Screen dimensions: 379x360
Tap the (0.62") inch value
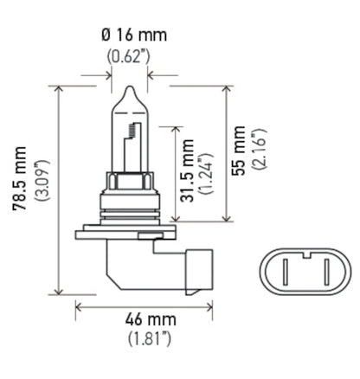(x=129, y=57)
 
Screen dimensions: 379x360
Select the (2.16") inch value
(x=260, y=148)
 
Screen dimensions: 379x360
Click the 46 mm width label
(x=144, y=320)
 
